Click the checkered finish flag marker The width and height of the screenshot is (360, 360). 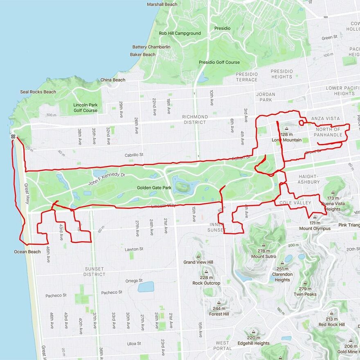[13, 136]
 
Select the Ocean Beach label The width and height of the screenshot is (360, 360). [27, 252]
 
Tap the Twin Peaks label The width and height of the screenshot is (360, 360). [305, 294]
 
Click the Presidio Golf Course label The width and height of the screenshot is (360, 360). [219, 62]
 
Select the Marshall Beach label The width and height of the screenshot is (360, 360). [162, 4]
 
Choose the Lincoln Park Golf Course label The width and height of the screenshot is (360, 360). [85, 108]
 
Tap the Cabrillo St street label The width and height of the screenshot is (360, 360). [134, 155]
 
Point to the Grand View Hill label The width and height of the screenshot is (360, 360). [198, 262]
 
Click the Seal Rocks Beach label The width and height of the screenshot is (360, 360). [38, 92]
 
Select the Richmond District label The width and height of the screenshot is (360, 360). [195, 119]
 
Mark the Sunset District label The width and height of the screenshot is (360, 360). [94, 272]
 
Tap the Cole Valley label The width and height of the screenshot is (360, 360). [295, 203]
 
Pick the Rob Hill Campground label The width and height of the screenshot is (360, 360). [180, 33]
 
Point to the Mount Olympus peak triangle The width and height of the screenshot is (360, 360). [315, 217]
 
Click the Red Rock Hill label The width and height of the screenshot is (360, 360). [331, 324]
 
